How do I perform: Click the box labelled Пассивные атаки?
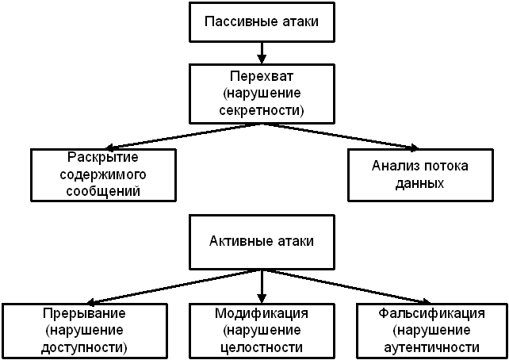(x=262, y=21)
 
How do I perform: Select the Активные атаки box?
(x=262, y=241)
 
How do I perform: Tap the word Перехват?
(x=262, y=77)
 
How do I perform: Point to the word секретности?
(x=262, y=109)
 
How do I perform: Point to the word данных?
(x=420, y=183)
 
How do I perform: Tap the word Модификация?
(x=262, y=314)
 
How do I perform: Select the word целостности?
(x=262, y=347)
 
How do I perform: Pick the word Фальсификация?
(x=432, y=314)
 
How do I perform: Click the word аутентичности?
(x=432, y=347)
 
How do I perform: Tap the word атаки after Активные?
(x=293, y=241)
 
